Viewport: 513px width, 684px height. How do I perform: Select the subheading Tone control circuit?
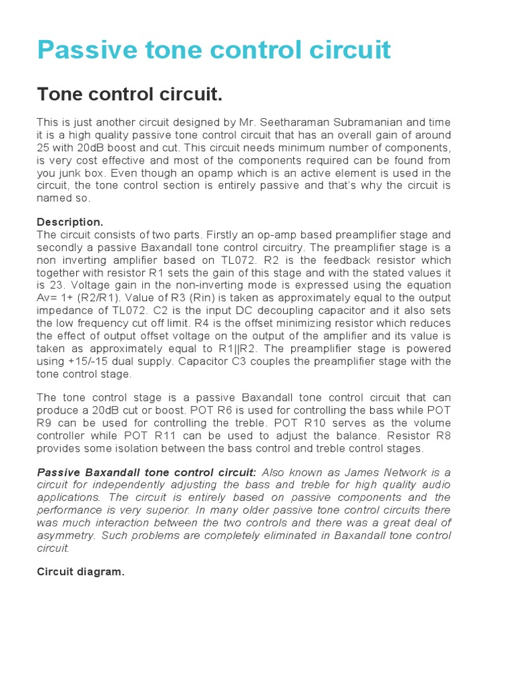pyautogui.click(x=129, y=95)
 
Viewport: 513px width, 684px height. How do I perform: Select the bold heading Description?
pyautogui.click(x=70, y=222)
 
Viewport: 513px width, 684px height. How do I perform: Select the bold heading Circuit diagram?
pyautogui.click(x=81, y=572)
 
